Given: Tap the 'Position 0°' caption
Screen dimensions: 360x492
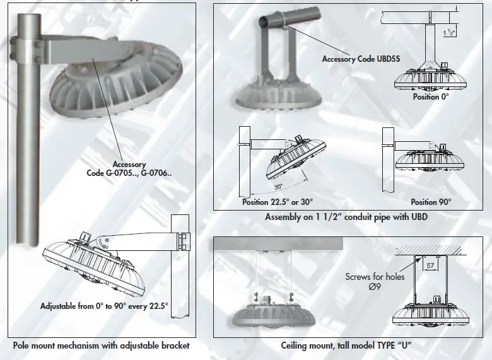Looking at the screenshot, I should [435, 97].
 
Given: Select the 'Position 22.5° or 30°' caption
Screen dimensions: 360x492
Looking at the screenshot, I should [278, 202].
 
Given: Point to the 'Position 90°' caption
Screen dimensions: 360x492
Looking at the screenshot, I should [431, 202].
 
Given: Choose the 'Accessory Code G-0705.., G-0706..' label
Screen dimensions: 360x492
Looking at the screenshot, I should [129, 168].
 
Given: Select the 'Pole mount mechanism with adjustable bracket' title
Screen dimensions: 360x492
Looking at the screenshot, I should [101, 345].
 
